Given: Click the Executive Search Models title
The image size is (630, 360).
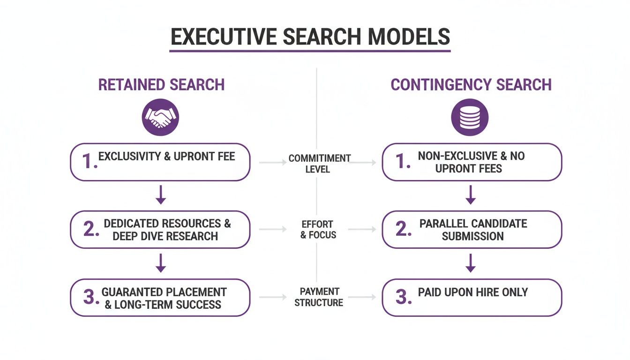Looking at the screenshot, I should (x=310, y=37).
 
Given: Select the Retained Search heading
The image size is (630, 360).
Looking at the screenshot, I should (x=161, y=85).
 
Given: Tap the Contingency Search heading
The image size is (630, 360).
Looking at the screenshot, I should (x=471, y=85).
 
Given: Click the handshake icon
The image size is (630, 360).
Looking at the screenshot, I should (x=160, y=117).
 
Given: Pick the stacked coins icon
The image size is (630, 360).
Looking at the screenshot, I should (x=470, y=117).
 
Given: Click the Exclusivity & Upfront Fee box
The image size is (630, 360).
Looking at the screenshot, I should (x=160, y=162).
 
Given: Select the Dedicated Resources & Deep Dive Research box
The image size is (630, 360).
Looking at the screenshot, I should (x=160, y=230).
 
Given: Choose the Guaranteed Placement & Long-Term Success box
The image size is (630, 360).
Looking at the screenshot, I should (x=160, y=298).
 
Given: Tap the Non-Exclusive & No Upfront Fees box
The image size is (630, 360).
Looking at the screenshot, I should (x=472, y=162).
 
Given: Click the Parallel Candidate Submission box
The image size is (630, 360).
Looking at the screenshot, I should (x=472, y=230).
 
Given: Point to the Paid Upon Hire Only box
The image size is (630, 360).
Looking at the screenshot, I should (x=472, y=298).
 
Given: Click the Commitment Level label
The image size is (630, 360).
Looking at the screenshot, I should (x=319, y=164).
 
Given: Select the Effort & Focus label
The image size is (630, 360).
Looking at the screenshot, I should (x=318, y=230).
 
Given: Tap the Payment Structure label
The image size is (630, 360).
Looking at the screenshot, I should (x=319, y=297).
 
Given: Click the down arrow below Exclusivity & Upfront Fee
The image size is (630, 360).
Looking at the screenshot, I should (x=161, y=195).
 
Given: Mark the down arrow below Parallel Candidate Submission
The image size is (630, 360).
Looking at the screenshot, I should (x=471, y=263).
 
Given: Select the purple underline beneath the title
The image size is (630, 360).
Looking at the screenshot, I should (x=310, y=51).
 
